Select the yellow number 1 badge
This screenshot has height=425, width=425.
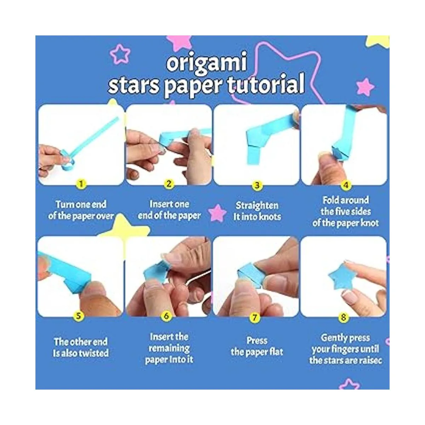pos(81,183)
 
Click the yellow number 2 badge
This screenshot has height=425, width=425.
pos(169,183)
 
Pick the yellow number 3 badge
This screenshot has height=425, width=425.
pos(257,185)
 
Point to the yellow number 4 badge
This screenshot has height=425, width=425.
pos(346,185)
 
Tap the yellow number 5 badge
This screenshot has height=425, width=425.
pos(79,316)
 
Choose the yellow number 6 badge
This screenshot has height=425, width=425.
pos(166,316)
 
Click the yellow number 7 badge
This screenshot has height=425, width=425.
pos(255,317)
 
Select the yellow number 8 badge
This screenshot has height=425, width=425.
pos(344,317)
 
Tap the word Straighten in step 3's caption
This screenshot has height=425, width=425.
pos(257,206)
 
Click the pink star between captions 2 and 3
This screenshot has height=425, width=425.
pos(217,213)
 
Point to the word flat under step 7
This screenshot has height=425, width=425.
pos(276,352)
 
